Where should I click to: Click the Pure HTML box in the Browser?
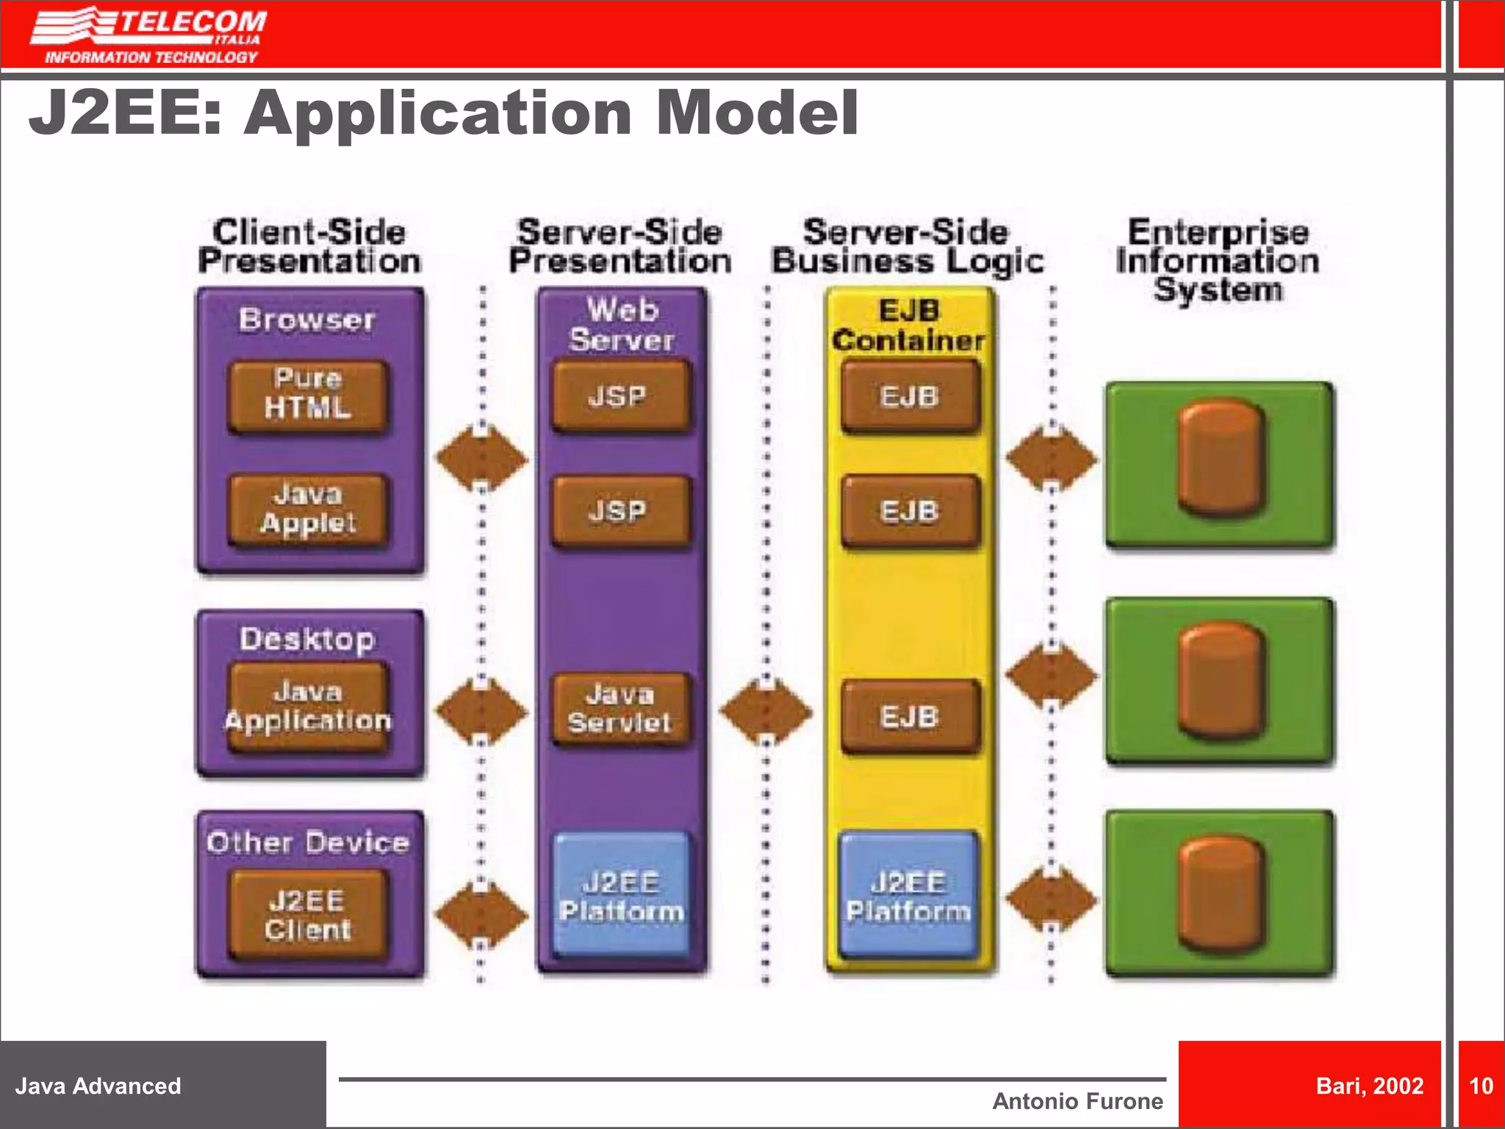(308, 394)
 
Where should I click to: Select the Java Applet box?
(308, 509)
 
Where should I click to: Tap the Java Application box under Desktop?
(308, 706)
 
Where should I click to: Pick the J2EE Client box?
(308, 914)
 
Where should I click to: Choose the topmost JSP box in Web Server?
(621, 396)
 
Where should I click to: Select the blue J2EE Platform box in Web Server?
(621, 896)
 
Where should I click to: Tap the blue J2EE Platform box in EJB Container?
(909, 896)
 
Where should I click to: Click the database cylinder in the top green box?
(1221, 459)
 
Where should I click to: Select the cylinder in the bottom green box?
(1221, 892)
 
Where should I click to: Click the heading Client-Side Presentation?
(309, 247)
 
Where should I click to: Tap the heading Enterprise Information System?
(1218, 260)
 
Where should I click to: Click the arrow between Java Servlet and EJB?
(766, 712)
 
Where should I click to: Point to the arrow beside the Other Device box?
(481, 915)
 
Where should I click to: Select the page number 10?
(1481, 1085)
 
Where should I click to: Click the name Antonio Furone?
(1077, 1100)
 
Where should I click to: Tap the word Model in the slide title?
(757, 113)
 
